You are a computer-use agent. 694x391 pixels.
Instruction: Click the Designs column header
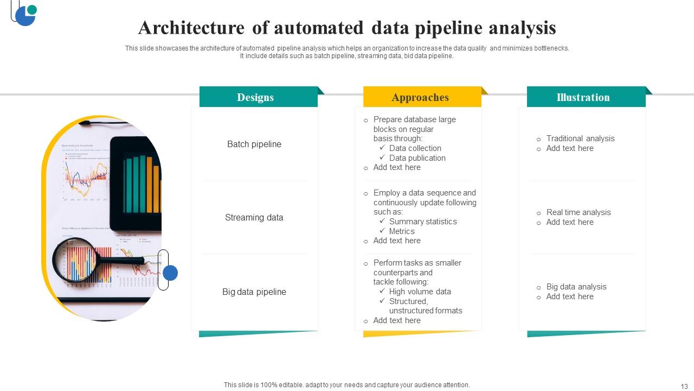pos(255,97)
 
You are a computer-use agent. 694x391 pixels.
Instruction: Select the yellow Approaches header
pos(420,97)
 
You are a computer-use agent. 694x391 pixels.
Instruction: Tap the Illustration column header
pos(583,97)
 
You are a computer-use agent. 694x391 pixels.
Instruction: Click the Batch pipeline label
pos(254,144)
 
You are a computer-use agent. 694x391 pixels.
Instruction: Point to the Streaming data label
pos(254,217)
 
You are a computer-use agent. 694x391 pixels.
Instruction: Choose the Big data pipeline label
pos(254,292)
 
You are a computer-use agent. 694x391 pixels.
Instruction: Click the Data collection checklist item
pos(415,148)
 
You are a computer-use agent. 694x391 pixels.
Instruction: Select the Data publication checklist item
pos(417,158)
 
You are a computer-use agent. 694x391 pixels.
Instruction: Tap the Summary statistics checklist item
pos(423,222)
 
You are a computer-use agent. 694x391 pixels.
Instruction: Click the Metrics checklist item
pos(402,231)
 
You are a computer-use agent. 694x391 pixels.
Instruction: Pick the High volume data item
pos(420,292)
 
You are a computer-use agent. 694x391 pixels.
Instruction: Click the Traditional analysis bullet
pos(580,138)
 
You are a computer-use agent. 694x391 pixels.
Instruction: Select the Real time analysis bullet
pos(578,212)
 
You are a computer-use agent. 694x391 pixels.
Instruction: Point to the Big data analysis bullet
pos(576,287)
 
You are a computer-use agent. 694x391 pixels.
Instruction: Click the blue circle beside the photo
pos(170,273)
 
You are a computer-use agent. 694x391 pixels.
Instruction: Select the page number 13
pos(684,386)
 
